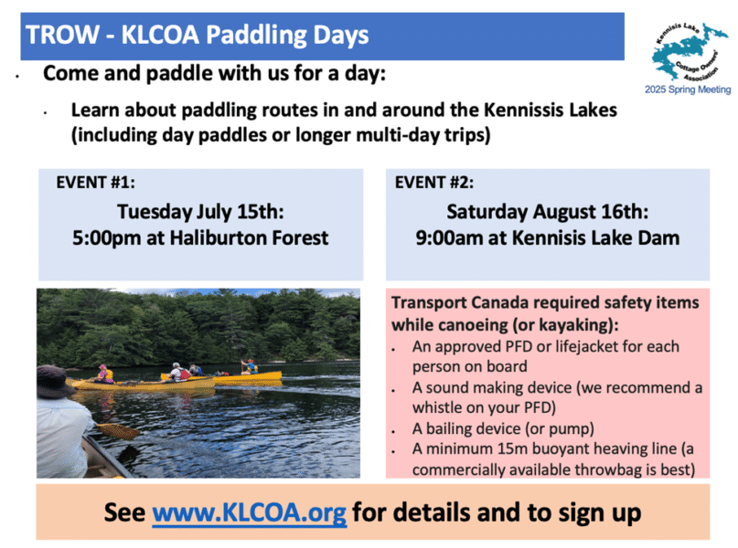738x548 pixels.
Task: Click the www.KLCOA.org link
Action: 250,512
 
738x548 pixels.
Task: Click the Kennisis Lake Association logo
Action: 689,52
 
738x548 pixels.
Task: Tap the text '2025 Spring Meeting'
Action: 688,90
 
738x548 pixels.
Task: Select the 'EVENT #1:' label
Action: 95,183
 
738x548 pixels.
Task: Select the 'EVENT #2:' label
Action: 434,183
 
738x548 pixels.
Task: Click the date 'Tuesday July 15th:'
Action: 200,212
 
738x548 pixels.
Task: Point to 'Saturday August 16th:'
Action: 548,212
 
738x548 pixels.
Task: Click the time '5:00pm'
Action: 106,238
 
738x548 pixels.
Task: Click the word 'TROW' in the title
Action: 62,35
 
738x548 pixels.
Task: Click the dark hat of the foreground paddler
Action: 57,381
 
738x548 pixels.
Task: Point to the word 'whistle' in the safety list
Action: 436,407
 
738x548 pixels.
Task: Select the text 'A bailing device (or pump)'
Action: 503,428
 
